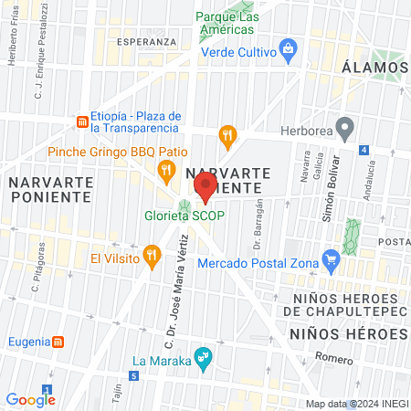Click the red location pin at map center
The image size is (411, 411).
205,187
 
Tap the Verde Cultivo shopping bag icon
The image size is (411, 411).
289,47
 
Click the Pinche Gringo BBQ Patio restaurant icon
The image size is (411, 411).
165,168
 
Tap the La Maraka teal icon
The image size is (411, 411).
205,359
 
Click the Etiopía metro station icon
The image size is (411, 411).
82,121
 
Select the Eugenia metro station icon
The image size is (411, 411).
58,341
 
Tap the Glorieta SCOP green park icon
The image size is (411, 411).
185,207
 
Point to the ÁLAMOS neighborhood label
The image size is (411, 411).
374,68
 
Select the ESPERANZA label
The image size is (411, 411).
146,42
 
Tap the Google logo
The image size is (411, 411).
30,399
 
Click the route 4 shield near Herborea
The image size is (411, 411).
364,149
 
